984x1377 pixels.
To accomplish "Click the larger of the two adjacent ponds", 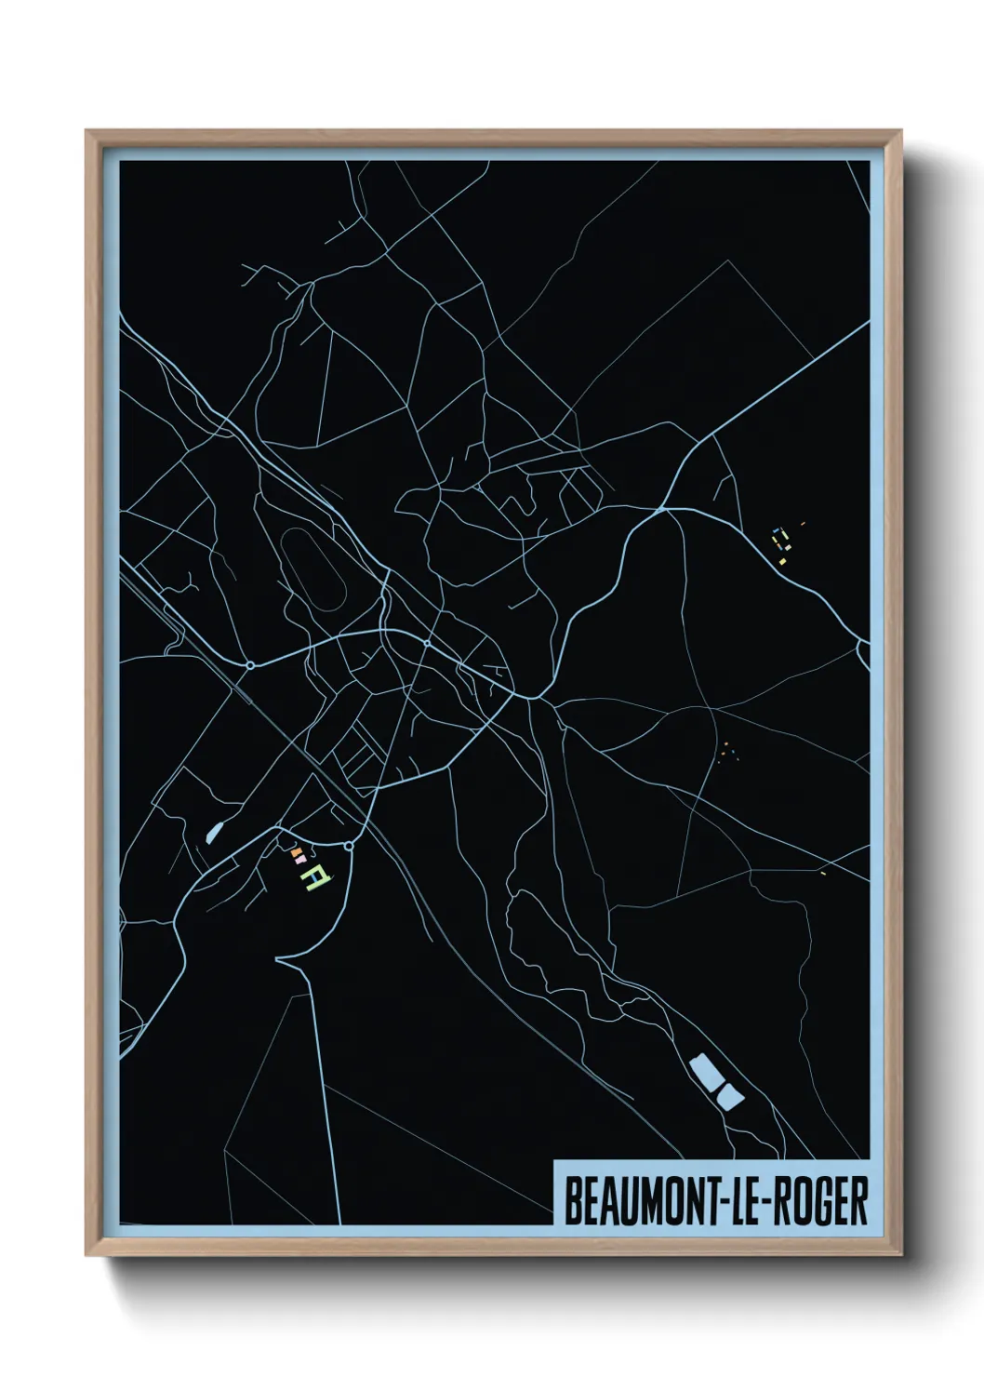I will click(707, 1074).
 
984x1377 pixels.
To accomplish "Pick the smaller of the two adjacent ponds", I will click(730, 1098).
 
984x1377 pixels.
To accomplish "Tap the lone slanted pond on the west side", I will click(215, 831).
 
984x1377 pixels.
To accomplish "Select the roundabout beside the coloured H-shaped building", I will click(348, 846).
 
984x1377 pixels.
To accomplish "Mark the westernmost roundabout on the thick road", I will click(249, 665).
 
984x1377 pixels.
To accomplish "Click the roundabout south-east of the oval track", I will click(426, 643).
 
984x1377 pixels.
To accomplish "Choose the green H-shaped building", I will click(319, 877).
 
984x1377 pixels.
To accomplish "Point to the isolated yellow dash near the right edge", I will click(823, 874).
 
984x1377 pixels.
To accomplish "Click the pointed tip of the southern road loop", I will click(277, 958).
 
